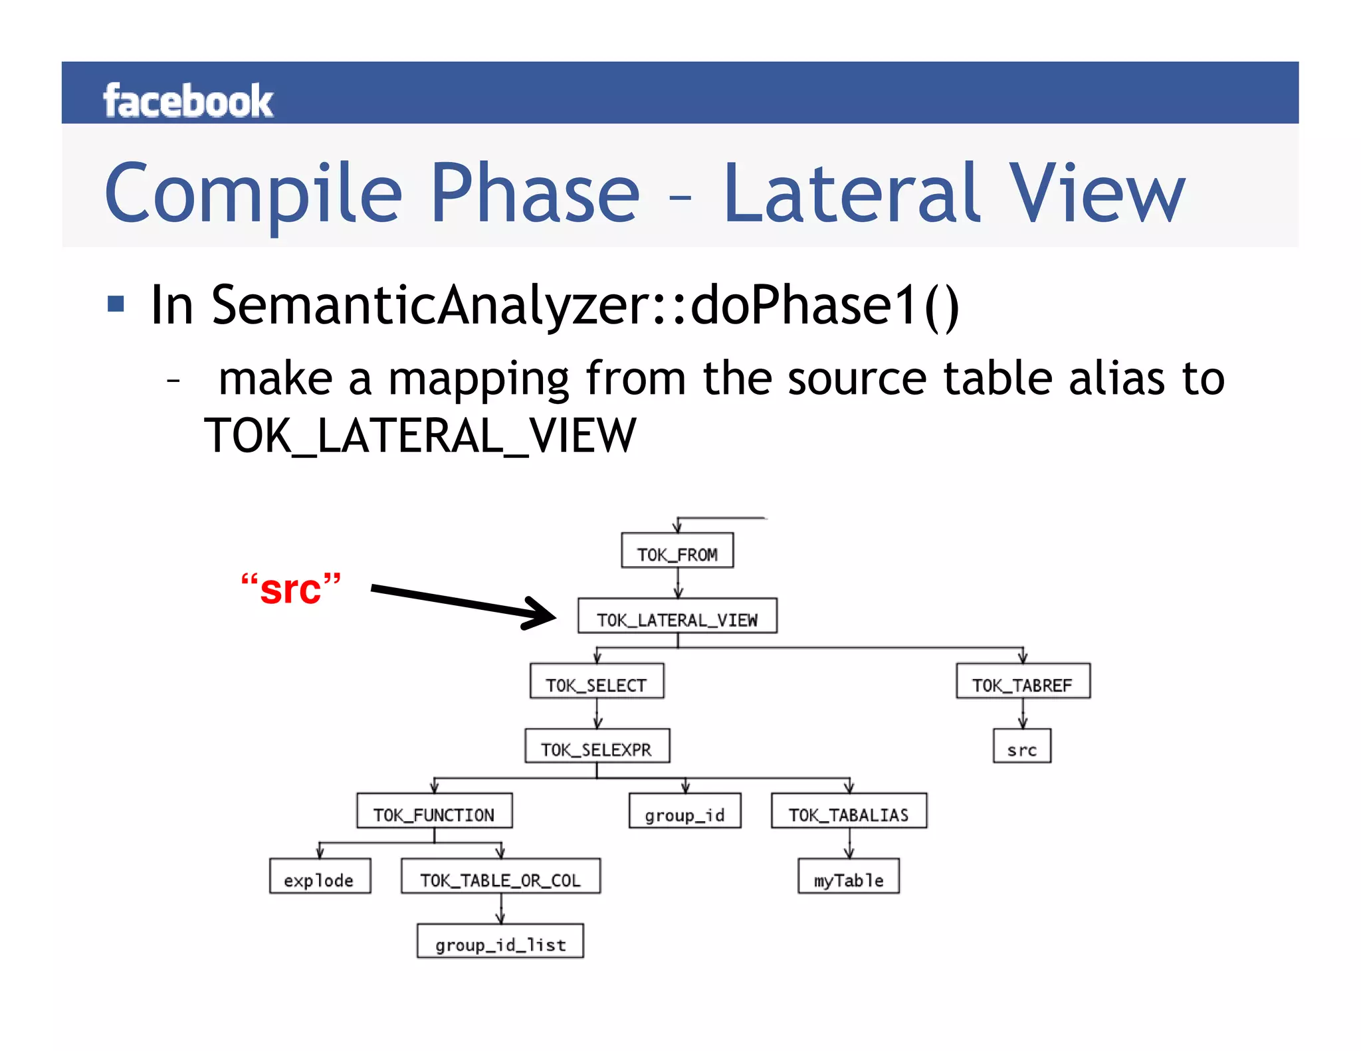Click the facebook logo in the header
(x=188, y=101)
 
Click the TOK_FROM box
(x=677, y=551)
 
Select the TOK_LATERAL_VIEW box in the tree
(x=677, y=617)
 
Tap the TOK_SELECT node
(x=597, y=682)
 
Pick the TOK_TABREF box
(x=1023, y=682)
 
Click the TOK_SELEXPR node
(x=597, y=747)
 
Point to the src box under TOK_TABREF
(x=1022, y=747)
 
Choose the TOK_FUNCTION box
(x=434, y=811)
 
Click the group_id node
(x=684, y=811)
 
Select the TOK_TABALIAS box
(x=849, y=811)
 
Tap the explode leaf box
(x=320, y=877)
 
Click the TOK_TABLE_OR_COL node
(x=500, y=877)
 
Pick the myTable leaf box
(x=849, y=877)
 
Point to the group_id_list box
(x=500, y=941)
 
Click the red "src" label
(x=291, y=589)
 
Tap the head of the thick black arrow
(x=542, y=613)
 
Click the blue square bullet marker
(x=116, y=304)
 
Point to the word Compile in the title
(x=253, y=193)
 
